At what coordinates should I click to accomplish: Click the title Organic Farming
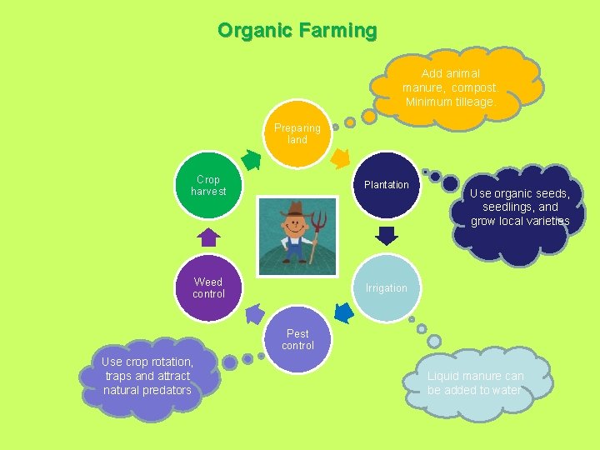(x=297, y=31)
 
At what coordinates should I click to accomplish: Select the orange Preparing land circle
(x=297, y=134)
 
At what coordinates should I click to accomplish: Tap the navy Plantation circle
(x=386, y=185)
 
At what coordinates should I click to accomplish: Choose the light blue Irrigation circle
(x=386, y=288)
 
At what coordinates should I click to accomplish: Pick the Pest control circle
(x=297, y=340)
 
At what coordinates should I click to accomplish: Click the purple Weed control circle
(x=208, y=288)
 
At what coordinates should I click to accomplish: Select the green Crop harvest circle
(x=208, y=185)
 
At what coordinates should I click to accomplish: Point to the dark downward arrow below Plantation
(x=384, y=236)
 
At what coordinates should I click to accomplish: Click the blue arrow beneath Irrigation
(x=342, y=312)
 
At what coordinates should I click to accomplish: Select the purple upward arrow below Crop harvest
(x=209, y=237)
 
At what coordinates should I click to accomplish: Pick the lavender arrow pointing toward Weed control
(x=254, y=313)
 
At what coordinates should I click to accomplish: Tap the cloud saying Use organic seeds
(x=518, y=208)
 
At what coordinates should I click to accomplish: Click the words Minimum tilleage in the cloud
(x=450, y=102)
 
